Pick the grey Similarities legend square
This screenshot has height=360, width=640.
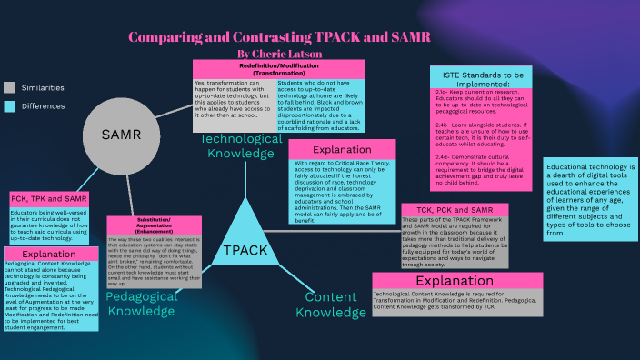9,87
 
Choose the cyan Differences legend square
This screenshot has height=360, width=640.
9,106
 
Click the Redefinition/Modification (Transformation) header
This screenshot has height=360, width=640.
278,70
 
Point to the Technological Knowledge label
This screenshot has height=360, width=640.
241,146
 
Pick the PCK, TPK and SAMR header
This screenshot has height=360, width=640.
49,198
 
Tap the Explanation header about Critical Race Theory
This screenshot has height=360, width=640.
341,149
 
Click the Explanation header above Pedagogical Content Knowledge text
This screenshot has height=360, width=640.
48,255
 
